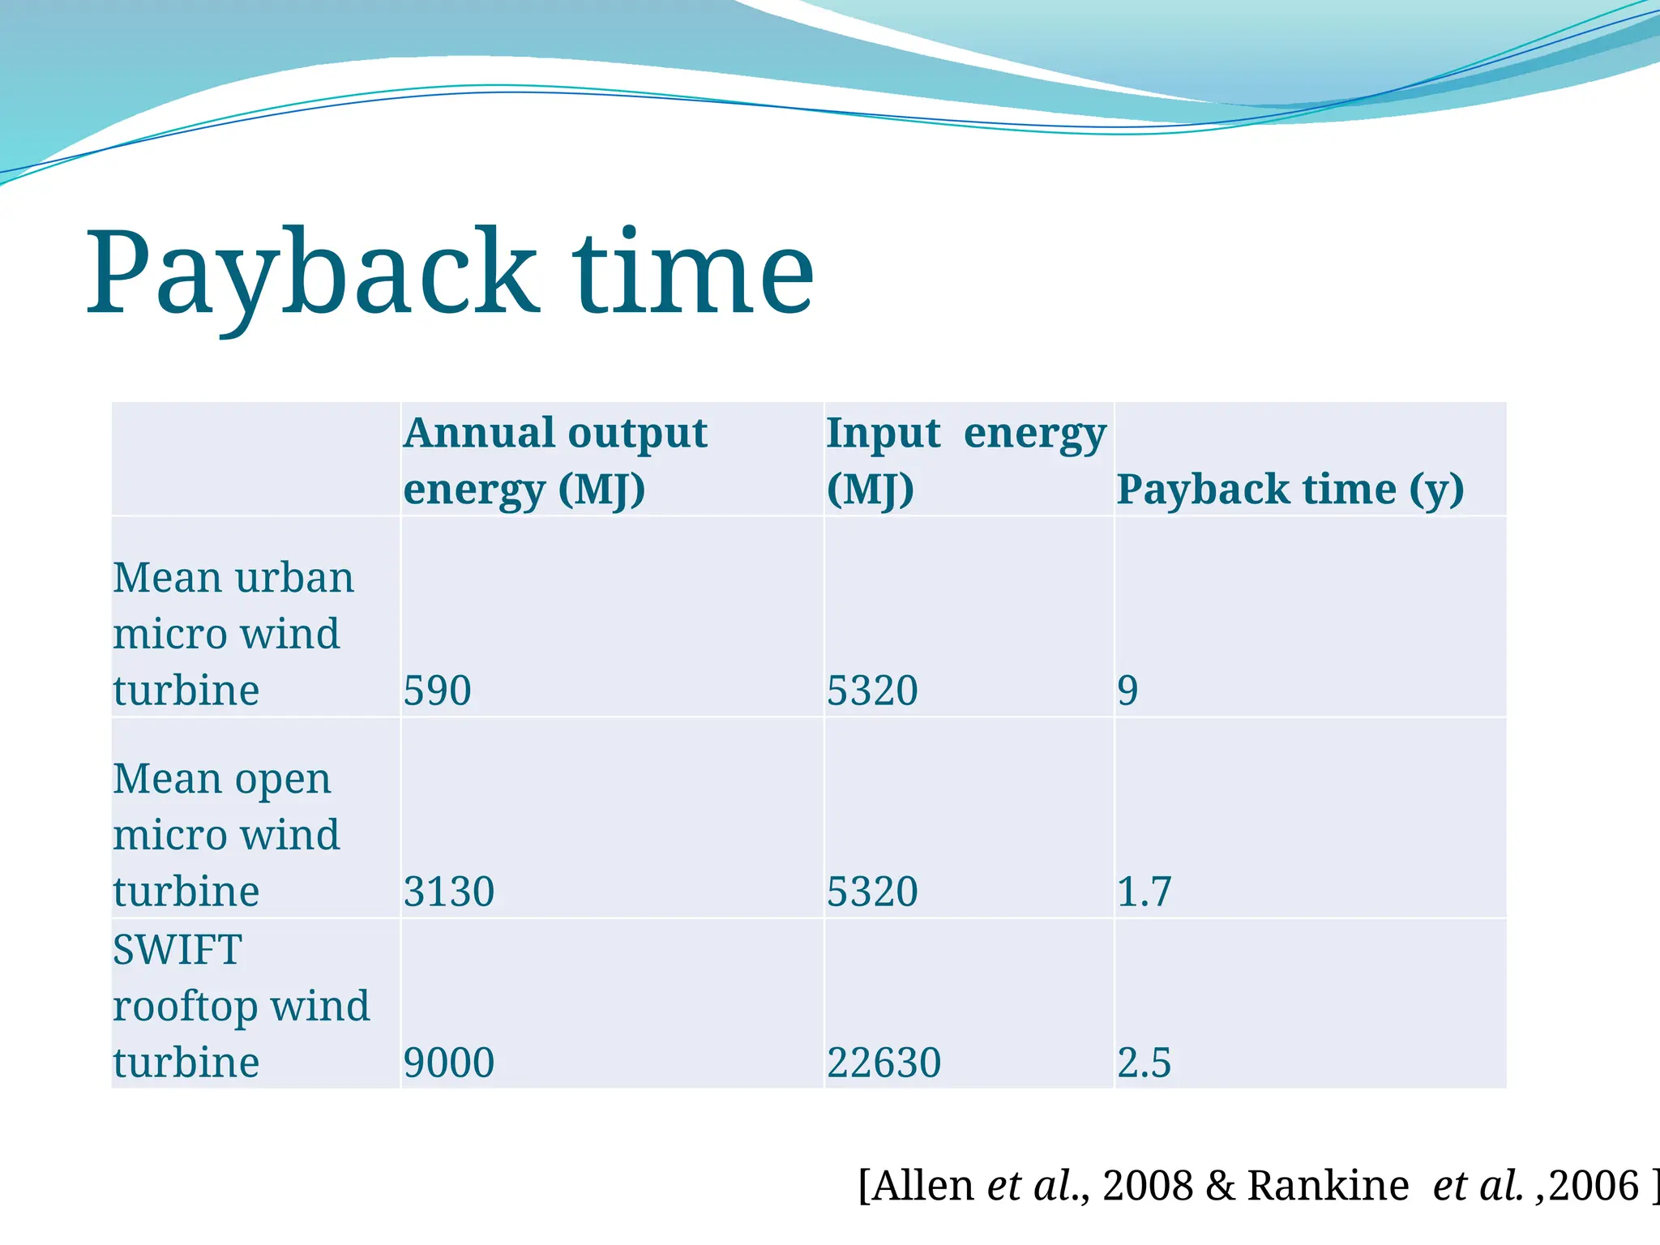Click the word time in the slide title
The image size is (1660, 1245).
tap(693, 273)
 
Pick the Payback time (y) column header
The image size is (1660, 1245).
tap(1290, 489)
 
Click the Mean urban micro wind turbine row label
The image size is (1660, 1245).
tap(233, 633)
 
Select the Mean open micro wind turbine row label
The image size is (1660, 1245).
tap(226, 834)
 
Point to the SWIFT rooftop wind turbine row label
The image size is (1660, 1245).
tap(241, 1005)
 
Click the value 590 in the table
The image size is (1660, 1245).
tap(437, 691)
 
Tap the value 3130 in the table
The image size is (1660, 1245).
tap(449, 892)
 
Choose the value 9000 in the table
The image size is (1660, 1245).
tap(449, 1063)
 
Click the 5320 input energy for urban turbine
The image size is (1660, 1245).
tap(872, 691)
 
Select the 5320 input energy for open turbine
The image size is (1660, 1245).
tap(872, 892)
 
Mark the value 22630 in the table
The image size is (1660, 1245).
tap(883, 1063)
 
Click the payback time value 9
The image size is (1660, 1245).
tap(1127, 691)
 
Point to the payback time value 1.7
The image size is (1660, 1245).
tap(1144, 892)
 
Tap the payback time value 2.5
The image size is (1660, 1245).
tap(1144, 1063)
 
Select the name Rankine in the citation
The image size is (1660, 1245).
tap(1328, 1185)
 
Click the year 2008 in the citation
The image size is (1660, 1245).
tap(1147, 1185)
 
